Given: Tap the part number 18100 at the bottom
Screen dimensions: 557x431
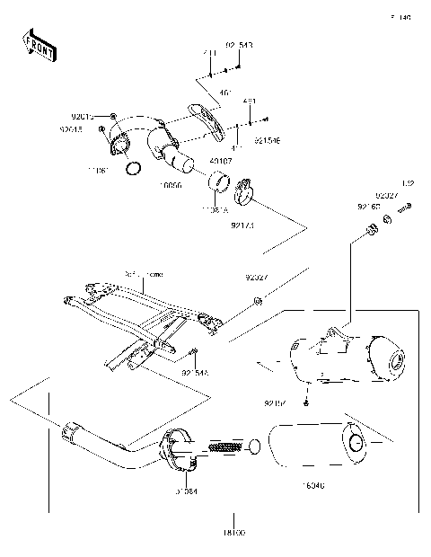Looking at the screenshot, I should click(234, 533).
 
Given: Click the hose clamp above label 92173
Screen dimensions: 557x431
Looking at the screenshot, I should click(243, 191).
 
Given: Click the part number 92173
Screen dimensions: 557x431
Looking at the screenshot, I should click(242, 225).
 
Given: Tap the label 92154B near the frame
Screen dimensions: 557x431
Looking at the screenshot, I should click(195, 372).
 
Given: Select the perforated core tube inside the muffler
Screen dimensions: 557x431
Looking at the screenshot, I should click(224, 446).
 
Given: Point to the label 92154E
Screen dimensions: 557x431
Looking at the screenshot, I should click(267, 141).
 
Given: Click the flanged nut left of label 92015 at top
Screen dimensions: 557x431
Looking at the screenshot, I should click(114, 117).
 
